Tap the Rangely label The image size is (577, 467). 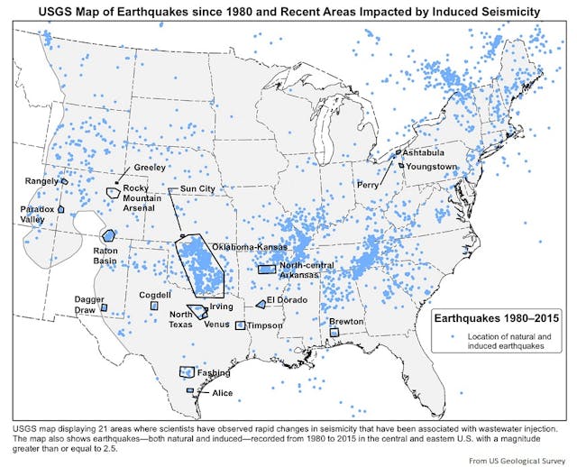click(41, 180)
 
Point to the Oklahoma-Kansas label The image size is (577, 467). click(248, 246)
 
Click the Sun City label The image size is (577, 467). click(198, 188)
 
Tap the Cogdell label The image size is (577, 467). click(155, 295)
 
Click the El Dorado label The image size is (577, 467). click(288, 299)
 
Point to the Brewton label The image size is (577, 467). click(346, 321)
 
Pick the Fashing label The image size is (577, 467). click(214, 372)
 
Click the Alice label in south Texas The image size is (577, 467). click(222, 393)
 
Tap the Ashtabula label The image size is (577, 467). click(424, 154)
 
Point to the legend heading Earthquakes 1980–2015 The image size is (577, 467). click(493, 318)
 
